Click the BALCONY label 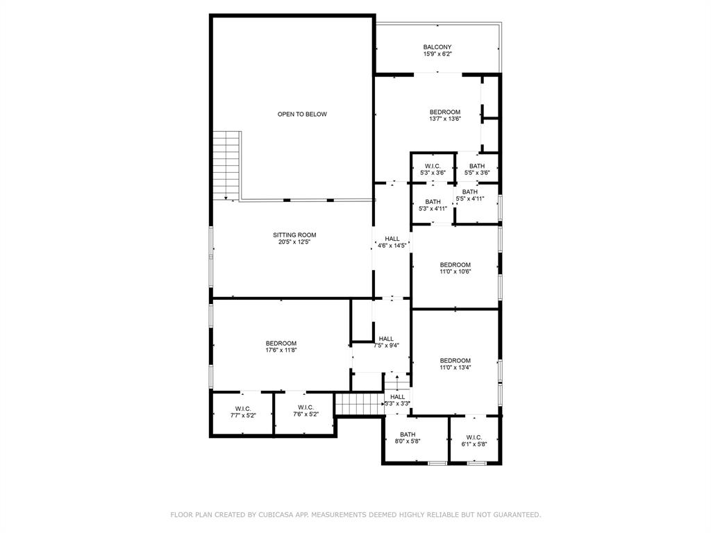[437, 47]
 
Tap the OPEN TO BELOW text [302, 115]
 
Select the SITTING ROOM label [294, 235]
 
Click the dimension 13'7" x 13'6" [444, 119]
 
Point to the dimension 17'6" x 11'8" [281, 350]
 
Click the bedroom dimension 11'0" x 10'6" [455, 272]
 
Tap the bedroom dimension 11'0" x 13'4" [455, 368]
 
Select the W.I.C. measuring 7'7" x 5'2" [243, 412]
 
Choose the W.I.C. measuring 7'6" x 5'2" [306, 412]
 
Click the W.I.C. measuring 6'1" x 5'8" [474, 441]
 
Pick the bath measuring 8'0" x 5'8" [408, 438]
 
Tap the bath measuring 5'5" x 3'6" [477, 169]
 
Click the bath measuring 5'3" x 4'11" [433, 205]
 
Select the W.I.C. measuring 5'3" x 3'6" [433, 169]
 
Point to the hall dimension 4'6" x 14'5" [392, 246]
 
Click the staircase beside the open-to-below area [226, 165]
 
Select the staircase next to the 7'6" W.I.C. [359, 403]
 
